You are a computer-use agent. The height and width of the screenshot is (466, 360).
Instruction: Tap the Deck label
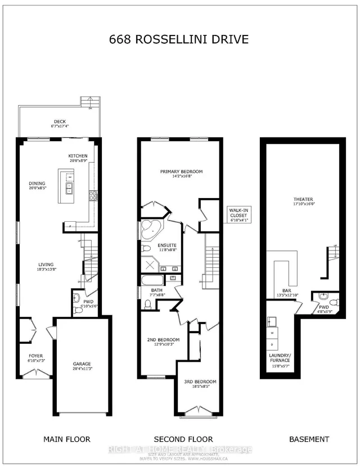(60, 124)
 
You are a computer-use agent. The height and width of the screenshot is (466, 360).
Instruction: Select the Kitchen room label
(77, 158)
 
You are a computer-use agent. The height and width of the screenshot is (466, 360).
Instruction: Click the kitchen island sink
(70, 188)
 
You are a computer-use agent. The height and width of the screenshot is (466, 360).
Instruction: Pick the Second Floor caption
(184, 439)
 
